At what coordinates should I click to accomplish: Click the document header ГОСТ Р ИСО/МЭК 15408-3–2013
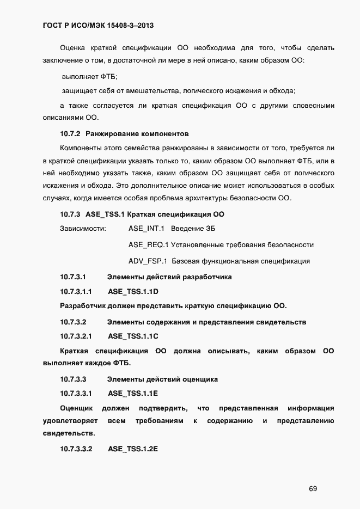coord(100,25)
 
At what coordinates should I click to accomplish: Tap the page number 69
coord(313,488)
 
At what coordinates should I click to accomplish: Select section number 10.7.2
coord(70,133)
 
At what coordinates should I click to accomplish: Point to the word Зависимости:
coord(83,229)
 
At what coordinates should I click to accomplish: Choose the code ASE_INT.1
coord(147,229)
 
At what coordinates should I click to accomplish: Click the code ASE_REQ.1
coord(148,245)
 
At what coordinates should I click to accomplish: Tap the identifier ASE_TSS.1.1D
coord(133,291)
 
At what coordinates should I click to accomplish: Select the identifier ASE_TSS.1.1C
coord(133,336)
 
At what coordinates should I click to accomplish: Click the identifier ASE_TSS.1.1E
coord(133,393)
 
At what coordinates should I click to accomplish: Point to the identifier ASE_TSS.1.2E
coord(133,449)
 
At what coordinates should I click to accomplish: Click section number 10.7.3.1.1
coord(76,291)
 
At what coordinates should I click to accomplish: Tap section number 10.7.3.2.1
coord(76,336)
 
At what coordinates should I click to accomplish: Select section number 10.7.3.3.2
coord(76,449)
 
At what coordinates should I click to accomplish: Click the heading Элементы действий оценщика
coord(162,379)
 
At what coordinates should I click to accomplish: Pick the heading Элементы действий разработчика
coord(169,277)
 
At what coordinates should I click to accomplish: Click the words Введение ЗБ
coord(197,229)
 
